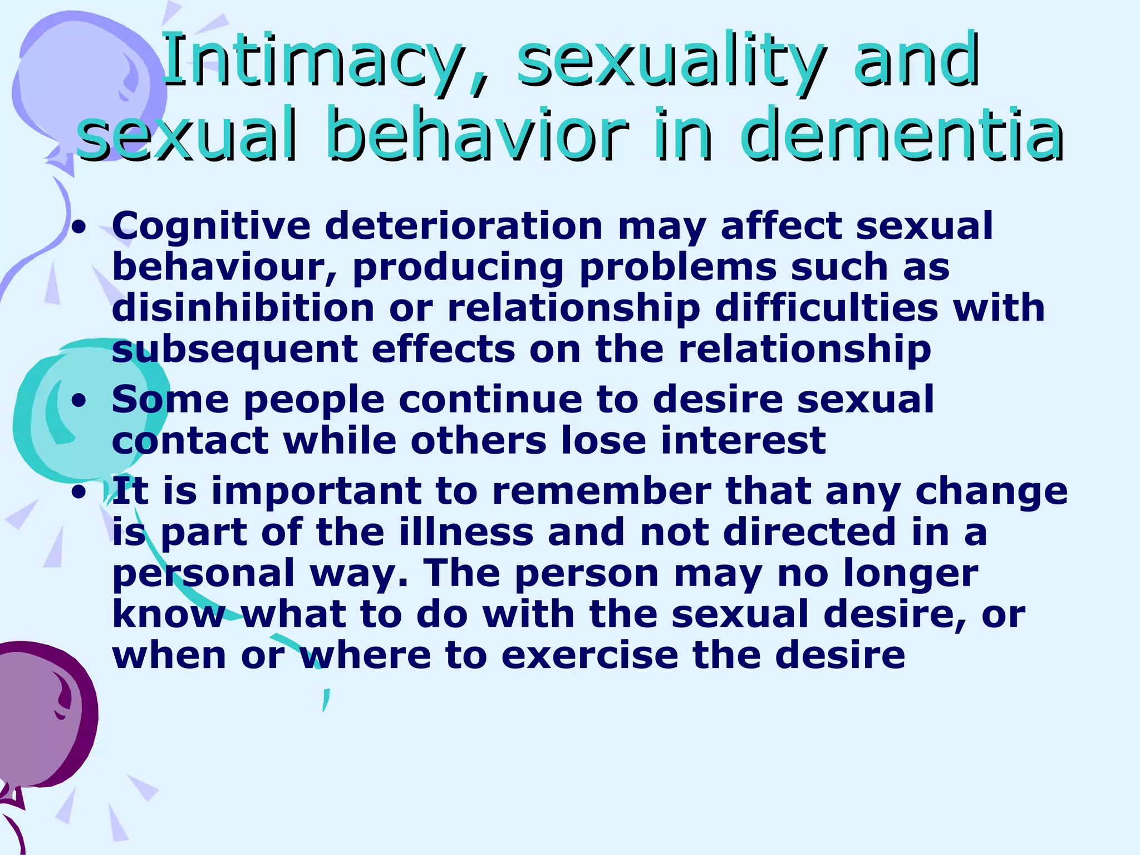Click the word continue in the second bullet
pyautogui.click(x=510, y=400)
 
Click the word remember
pyautogui.click(x=602, y=491)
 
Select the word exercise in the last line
pyautogui.click(x=589, y=655)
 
